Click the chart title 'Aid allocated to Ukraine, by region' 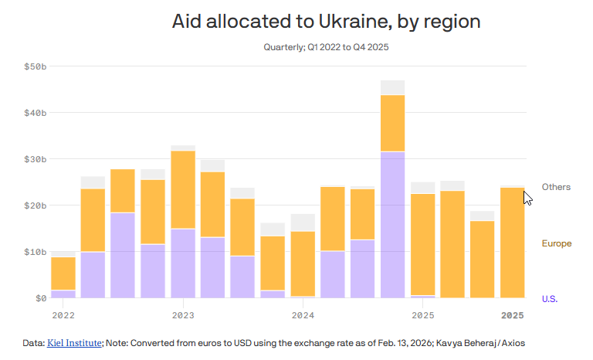click(326, 21)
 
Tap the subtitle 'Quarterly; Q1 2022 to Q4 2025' click(325, 48)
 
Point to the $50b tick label click(36, 66)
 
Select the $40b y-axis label click(36, 113)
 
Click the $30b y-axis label click(36, 159)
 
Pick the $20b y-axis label click(36, 205)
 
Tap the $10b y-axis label click(36, 252)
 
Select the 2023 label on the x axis click(183, 315)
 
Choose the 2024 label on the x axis click(303, 315)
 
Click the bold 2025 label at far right click(512, 315)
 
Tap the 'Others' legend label click(556, 187)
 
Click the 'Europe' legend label click(556, 243)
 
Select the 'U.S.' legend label click(550, 298)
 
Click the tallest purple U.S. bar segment click(392, 224)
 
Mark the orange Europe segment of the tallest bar click(392, 123)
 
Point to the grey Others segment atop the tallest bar click(392, 87)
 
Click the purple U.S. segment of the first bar click(63, 294)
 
